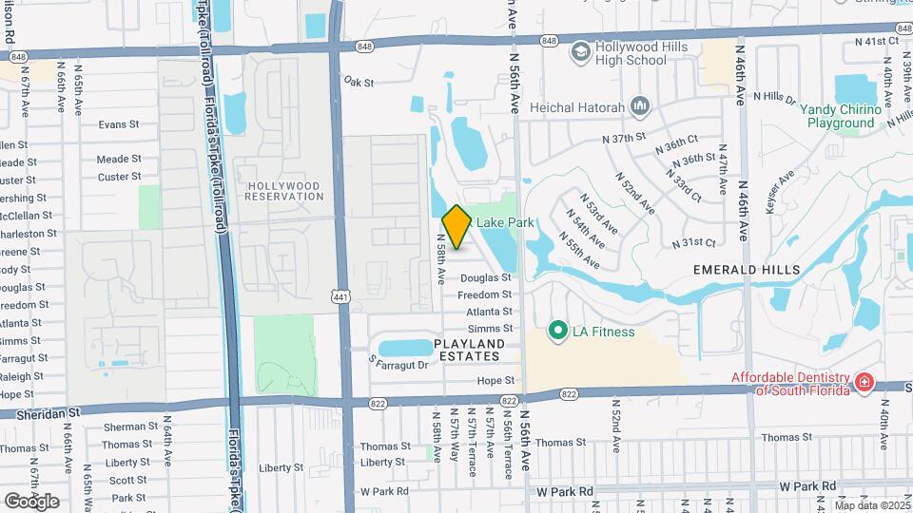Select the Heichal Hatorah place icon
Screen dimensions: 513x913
tap(638, 105)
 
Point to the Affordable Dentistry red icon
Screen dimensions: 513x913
tap(864, 383)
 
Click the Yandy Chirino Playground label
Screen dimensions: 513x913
tap(840, 116)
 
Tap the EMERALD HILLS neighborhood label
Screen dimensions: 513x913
tap(747, 270)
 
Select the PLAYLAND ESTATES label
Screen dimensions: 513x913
tap(467, 350)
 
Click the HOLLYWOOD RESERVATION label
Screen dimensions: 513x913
tap(284, 190)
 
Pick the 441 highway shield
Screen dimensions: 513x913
tap(340, 297)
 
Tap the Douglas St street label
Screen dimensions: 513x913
tap(485, 278)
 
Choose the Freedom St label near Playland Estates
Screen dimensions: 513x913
tap(484, 295)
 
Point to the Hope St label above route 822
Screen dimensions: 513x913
tap(495, 380)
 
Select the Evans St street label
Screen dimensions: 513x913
tap(119, 124)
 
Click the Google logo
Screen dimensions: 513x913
tap(31, 501)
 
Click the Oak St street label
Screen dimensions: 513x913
tap(360, 82)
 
